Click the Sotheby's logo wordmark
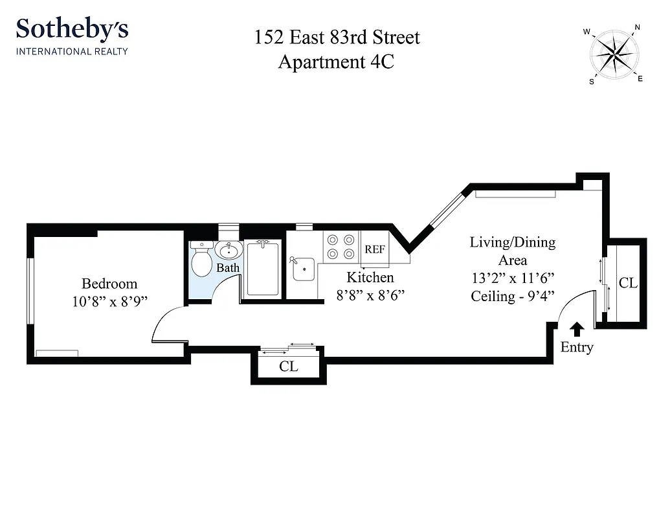tap(72, 30)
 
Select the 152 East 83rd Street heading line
tap(337, 37)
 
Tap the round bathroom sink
tap(228, 250)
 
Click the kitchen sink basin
tap(303, 270)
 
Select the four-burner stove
tap(341, 246)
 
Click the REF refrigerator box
tap(375, 249)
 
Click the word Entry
tap(576, 348)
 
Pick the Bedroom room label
tap(109, 284)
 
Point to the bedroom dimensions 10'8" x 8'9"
tap(109, 300)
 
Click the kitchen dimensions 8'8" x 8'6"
tap(370, 295)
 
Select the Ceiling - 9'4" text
tap(512, 297)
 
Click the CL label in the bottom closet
tap(288, 366)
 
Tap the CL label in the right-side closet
tap(627, 284)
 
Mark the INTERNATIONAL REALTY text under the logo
tap(72, 51)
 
